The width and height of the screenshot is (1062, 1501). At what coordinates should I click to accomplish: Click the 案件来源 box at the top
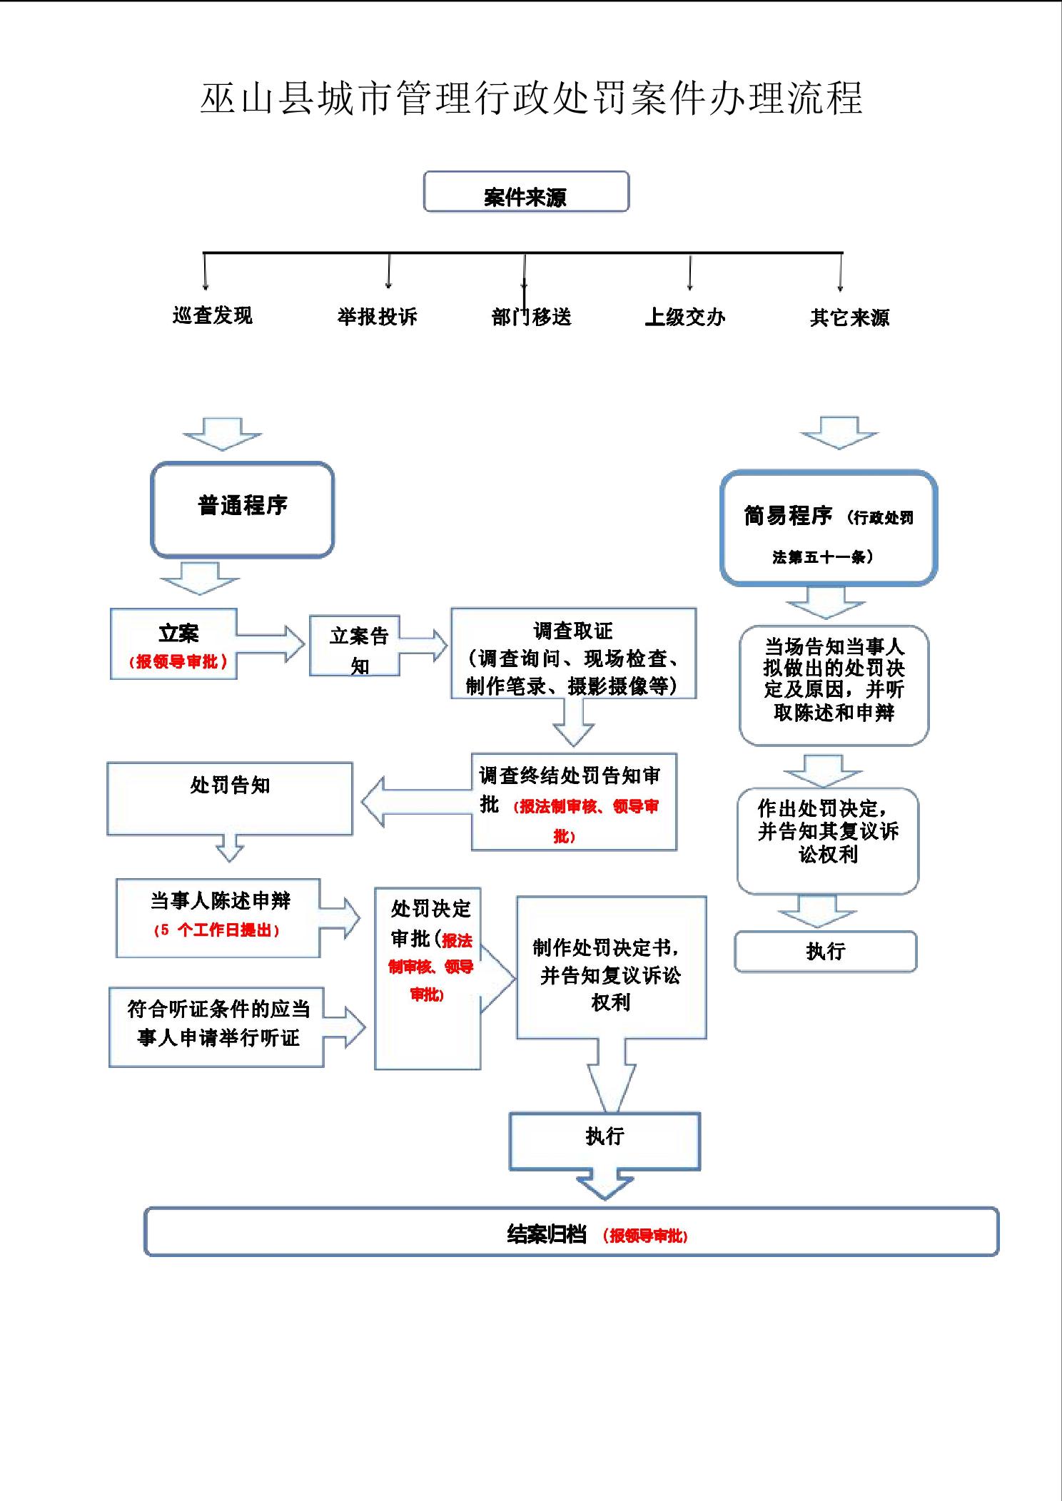click(x=526, y=192)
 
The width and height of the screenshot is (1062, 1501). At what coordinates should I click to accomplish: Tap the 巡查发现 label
click(x=213, y=315)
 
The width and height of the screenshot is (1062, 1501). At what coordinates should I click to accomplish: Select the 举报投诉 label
click(x=377, y=317)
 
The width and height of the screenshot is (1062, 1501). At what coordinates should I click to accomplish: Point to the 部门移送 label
click(x=532, y=317)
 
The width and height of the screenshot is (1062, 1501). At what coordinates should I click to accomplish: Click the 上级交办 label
click(x=685, y=317)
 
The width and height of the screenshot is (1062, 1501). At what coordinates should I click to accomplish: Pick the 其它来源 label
click(x=849, y=317)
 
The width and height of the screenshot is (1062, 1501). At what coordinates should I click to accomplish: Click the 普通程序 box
click(x=243, y=509)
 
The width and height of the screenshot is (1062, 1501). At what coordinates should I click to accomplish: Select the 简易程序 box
click(x=828, y=528)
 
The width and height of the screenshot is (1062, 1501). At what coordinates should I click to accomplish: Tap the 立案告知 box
click(x=355, y=646)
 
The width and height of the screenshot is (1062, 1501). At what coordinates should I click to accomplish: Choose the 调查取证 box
click(x=573, y=653)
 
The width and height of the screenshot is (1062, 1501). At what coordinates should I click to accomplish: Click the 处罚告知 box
click(x=230, y=798)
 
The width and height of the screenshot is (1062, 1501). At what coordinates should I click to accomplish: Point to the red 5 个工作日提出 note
click(x=217, y=931)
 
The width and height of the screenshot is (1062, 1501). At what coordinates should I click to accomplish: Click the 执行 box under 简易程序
click(x=825, y=952)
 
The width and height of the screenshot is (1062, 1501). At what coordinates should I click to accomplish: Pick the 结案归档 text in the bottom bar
click(x=547, y=1234)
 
